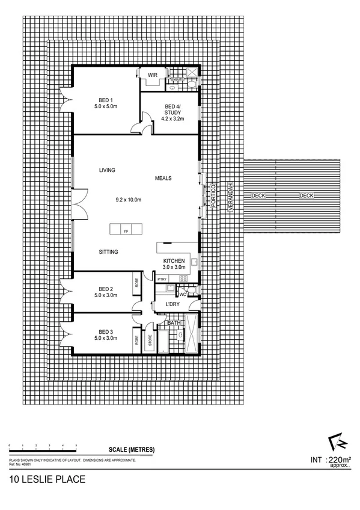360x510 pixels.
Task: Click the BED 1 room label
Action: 106,100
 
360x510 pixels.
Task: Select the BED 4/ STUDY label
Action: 172,111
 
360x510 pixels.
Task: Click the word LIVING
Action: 107,170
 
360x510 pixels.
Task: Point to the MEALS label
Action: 163,178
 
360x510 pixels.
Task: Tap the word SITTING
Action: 108,251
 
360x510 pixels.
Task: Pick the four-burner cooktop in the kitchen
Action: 185,278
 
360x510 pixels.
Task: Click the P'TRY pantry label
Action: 162,279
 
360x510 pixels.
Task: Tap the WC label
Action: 183,294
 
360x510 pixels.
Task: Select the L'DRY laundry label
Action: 173,304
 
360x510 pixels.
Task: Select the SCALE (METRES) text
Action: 132,450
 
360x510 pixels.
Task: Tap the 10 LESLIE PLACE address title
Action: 47,479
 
